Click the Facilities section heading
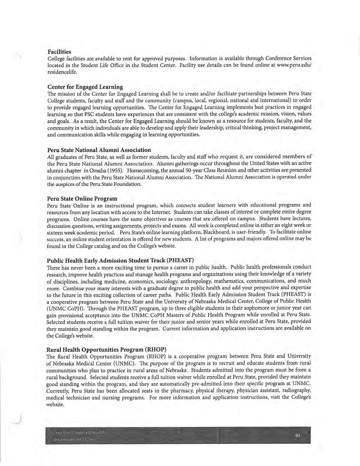[59, 52]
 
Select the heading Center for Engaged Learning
[85, 87]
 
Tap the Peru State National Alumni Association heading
[99, 150]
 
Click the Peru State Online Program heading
[82, 198]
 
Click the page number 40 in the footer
[297, 435]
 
